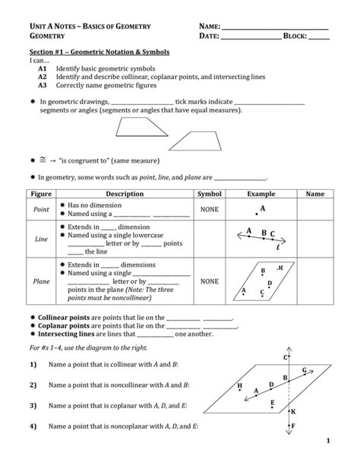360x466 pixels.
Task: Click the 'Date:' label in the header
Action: click(x=210, y=36)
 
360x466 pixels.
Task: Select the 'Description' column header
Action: click(x=124, y=194)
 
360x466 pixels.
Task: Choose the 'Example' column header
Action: click(x=261, y=194)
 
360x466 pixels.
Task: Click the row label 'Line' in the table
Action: click(x=41, y=239)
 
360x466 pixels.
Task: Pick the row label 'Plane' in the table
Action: click(x=41, y=281)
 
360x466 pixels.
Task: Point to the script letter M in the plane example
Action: click(x=279, y=267)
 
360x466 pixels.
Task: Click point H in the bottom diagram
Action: click(x=240, y=385)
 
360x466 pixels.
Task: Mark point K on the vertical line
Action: click(x=293, y=411)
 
